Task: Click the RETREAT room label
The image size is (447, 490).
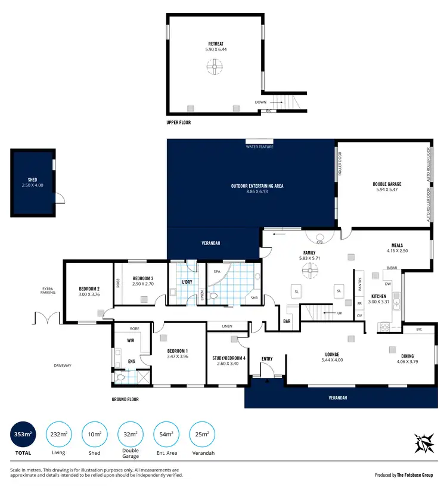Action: (x=216, y=43)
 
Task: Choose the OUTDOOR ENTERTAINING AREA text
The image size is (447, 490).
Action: (x=257, y=186)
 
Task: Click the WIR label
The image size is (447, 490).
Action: (x=131, y=341)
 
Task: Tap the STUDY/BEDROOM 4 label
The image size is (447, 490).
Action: (x=228, y=358)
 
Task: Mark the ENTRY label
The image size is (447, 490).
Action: (x=266, y=358)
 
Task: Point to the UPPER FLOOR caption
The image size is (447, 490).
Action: (x=179, y=122)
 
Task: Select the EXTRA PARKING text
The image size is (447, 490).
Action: (x=48, y=290)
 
